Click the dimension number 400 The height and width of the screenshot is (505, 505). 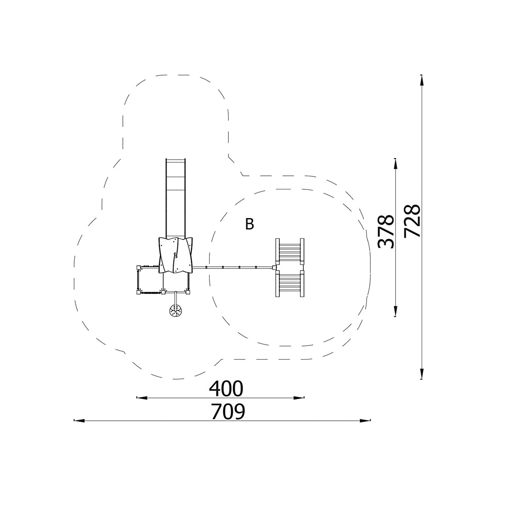(x=226, y=389)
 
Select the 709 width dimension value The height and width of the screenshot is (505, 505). (x=228, y=412)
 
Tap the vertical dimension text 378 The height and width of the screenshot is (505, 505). (x=386, y=232)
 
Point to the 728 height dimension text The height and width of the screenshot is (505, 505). (x=412, y=221)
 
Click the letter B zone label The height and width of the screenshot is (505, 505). (x=249, y=224)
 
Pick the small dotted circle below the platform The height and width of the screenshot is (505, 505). (x=176, y=311)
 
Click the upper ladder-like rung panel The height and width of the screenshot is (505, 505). (x=289, y=251)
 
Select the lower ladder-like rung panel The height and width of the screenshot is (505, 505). (x=289, y=283)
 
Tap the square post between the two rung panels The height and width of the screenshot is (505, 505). (x=274, y=267)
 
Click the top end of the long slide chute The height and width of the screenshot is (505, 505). (x=176, y=159)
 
